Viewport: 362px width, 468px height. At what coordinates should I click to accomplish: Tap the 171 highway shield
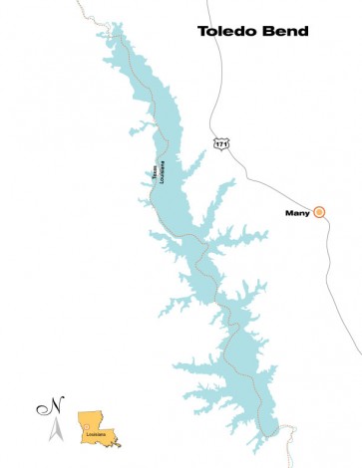pos(220,144)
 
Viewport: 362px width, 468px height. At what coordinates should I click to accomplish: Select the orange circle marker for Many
pos(319,211)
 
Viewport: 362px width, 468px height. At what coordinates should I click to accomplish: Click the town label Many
pos(297,211)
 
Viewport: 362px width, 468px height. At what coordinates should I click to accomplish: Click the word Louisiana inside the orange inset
pos(96,435)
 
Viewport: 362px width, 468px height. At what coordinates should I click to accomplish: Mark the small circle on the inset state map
pos(87,427)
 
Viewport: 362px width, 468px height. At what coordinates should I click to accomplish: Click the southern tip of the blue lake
pos(266,436)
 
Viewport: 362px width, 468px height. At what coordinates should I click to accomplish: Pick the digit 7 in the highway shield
pos(220,145)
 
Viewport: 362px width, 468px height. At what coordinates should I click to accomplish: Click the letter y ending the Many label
pos(307,212)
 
